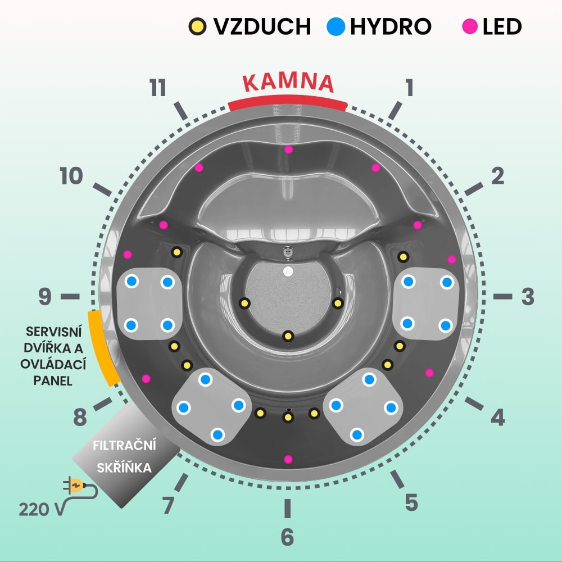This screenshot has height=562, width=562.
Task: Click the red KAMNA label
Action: coord(288,83)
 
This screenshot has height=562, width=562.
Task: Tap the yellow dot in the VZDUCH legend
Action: coord(197,26)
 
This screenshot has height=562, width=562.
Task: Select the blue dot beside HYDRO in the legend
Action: coord(336,26)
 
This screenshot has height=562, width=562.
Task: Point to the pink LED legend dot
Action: coord(470,26)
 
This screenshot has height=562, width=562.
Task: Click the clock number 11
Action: coord(158,88)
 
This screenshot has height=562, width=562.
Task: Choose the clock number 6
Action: coord(287,537)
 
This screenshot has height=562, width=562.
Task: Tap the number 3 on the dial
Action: coord(528,297)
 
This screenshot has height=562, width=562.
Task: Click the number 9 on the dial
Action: coord(45,297)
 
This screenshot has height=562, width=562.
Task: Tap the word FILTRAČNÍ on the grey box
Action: coord(124,445)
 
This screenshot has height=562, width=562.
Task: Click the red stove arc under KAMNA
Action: coord(287,102)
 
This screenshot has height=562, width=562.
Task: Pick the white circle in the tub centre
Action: coord(288,271)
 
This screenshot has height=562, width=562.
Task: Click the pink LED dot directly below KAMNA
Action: coord(288,149)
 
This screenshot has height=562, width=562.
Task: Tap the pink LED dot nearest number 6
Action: coord(288,459)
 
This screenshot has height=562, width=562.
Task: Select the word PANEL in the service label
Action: coord(53,380)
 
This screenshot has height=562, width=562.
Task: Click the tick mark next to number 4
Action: coord(474,404)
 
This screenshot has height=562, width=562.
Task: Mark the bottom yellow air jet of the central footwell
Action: coord(288,336)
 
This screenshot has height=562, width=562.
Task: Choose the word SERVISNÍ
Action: coord(54,332)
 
